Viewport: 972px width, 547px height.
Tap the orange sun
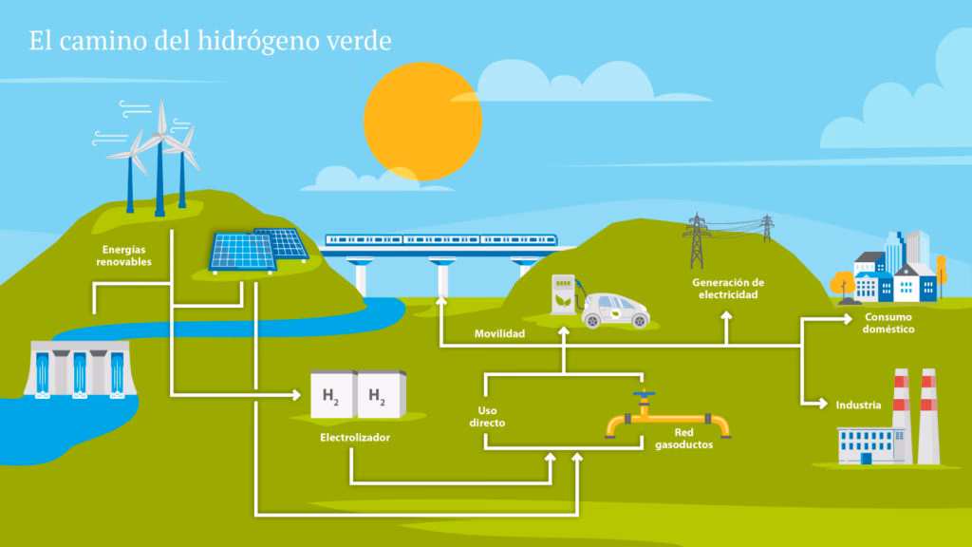[422, 121]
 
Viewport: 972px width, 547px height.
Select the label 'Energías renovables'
[123, 255]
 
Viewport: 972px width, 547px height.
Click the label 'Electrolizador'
[355, 438]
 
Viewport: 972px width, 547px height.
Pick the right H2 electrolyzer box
[379, 395]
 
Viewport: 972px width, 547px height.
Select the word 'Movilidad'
[499, 334]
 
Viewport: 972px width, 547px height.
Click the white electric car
[614, 310]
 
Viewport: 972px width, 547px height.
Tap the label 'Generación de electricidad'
[727, 289]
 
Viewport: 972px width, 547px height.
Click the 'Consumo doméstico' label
[888, 323]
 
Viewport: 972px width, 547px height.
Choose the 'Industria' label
[858, 406]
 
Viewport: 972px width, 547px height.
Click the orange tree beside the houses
[842, 283]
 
